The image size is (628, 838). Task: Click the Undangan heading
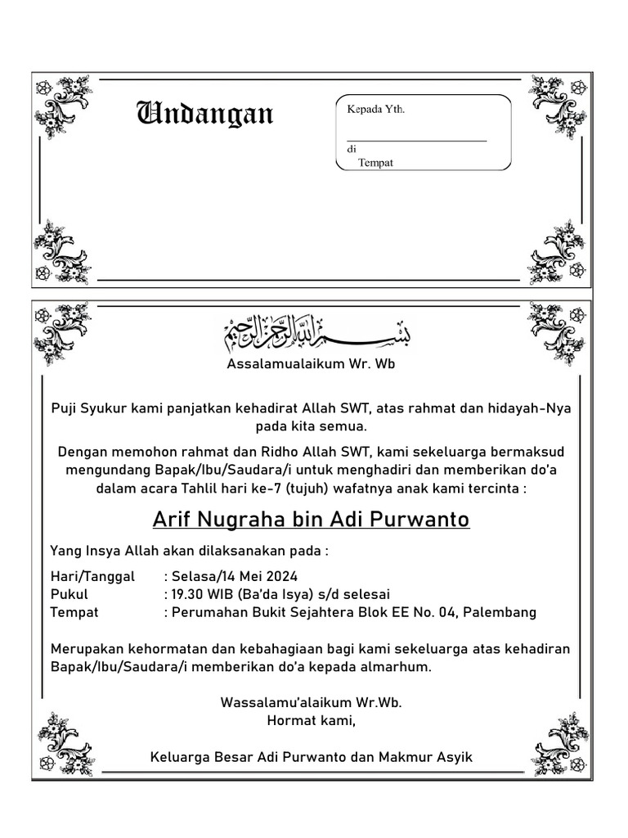(204, 114)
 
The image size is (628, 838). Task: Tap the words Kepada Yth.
(376, 109)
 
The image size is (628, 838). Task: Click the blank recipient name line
(416, 140)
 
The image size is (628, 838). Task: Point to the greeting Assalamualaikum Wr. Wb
(311, 364)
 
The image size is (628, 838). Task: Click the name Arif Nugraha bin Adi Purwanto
(312, 520)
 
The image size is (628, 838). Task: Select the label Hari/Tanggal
(92, 576)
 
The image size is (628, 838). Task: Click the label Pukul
(69, 594)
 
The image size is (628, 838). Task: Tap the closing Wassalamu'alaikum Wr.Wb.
(312, 703)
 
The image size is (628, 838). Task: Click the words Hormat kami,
(312, 721)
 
